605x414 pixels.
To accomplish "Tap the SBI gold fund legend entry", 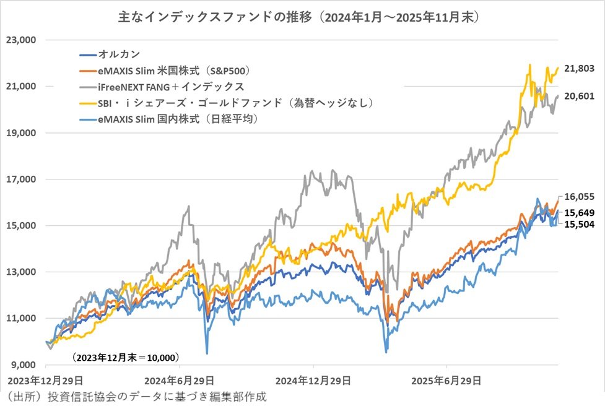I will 231,101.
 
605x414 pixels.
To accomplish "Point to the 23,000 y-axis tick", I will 22,40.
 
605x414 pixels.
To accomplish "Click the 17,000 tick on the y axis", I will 22,179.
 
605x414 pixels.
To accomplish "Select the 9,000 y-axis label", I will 24,364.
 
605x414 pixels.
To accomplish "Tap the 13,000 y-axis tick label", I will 22,272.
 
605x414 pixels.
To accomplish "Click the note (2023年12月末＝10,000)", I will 125,357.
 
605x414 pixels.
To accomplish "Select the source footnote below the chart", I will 135,397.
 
